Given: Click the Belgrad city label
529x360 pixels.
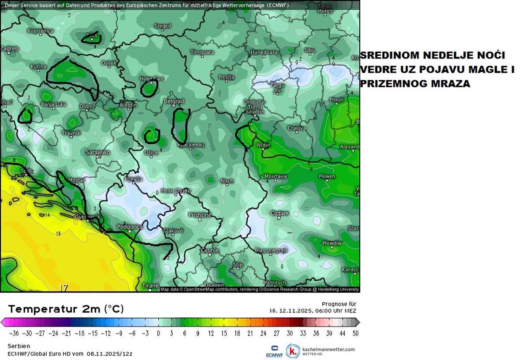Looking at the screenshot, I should click(174, 101).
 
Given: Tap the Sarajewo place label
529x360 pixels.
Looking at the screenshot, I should click(97, 152).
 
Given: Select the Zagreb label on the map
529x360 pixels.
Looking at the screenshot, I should click(9, 48).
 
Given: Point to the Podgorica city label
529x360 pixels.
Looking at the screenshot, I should click(130, 227).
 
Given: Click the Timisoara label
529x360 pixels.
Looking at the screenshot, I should click(202, 52).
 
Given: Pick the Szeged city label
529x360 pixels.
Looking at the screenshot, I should click(162, 26).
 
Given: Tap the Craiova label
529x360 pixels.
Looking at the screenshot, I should click(297, 128).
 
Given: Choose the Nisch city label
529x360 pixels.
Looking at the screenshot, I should click(227, 181).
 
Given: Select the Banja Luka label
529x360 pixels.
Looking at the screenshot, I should click(53, 104).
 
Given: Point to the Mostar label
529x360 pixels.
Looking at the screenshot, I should click(76, 180).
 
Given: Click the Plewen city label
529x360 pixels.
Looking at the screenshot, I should click(327, 176).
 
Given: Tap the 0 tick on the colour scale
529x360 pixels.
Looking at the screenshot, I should click(158, 333).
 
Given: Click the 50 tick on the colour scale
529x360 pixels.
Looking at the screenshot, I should click(355, 333).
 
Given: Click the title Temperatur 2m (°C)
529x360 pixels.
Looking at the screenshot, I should click(66, 309).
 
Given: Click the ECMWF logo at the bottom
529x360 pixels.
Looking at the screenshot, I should click(274, 351).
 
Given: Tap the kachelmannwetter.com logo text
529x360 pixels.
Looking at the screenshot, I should click(328, 349).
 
